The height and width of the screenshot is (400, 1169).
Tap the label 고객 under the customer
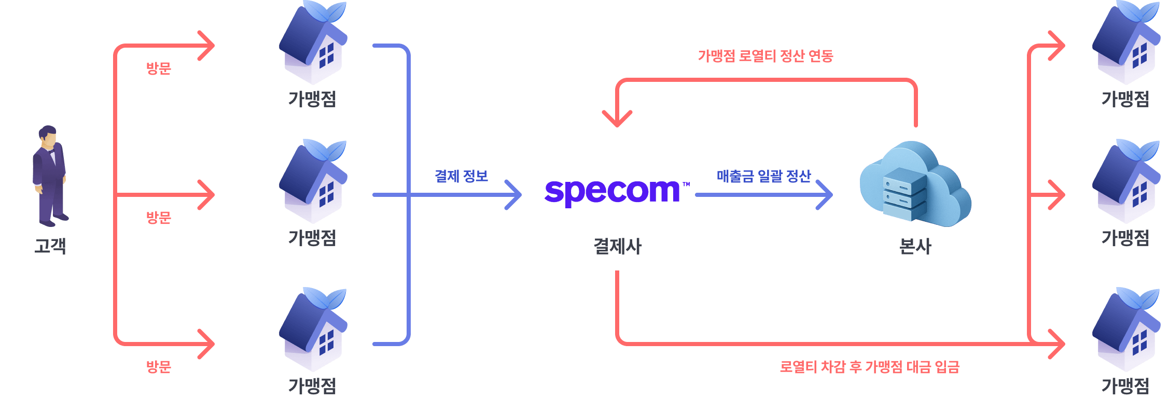50,246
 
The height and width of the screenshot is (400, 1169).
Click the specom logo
612,192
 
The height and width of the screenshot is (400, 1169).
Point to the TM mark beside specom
686,184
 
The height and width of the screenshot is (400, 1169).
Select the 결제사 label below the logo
617,246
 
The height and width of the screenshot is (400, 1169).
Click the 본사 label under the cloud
915,246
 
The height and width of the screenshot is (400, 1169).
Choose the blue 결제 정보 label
461,176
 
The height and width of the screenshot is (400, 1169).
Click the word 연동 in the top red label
820,56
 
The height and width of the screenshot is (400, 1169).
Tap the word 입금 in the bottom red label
947,367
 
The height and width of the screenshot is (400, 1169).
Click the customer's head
48,136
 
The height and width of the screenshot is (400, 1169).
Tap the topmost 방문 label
158,68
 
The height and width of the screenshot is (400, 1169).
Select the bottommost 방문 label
158,367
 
